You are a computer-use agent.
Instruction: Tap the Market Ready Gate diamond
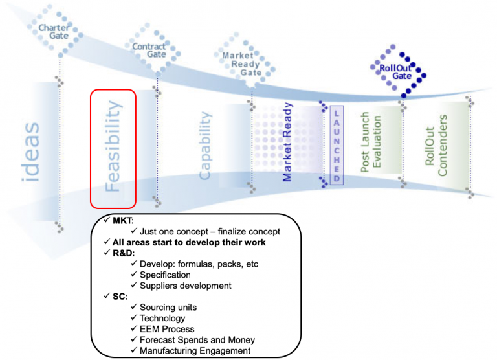coord(242,64)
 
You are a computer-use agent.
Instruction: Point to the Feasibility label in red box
coord(113,148)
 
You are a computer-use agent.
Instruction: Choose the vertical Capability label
coord(205,146)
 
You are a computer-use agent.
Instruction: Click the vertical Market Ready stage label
coord(289,141)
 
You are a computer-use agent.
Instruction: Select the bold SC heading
coord(120,296)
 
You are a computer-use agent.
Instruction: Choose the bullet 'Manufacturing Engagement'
coord(195,350)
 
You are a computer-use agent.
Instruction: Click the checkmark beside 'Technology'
coord(134,318)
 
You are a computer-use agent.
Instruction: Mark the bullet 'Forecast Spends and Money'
coord(197,339)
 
